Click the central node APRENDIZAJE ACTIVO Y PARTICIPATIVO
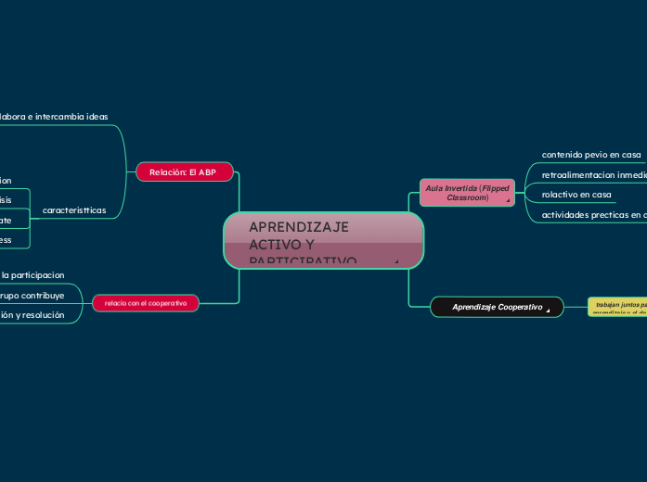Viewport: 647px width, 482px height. (323, 240)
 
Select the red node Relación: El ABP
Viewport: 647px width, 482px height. (183, 172)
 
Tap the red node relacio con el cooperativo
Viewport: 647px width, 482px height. (146, 303)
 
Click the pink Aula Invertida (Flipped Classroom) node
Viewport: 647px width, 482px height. (467, 192)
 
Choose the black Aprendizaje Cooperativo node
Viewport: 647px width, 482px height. (497, 306)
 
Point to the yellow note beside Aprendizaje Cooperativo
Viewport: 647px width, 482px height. (617, 307)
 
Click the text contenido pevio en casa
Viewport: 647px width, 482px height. (591, 154)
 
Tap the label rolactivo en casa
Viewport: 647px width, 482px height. (576, 195)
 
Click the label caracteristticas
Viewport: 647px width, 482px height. (74, 210)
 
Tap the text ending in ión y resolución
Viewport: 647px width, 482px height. (32, 315)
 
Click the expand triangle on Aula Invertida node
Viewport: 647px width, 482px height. (508, 200)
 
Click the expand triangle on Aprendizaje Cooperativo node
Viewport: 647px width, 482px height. (549, 311)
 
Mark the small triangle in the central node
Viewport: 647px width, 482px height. (396, 262)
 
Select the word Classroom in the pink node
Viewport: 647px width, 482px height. (467, 197)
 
